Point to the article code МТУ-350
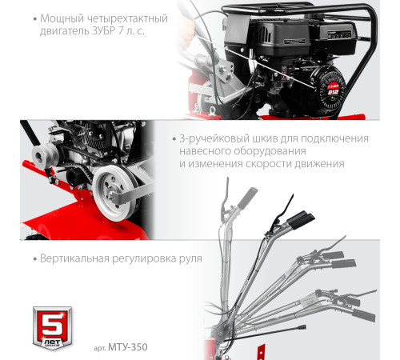tap(130, 346)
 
